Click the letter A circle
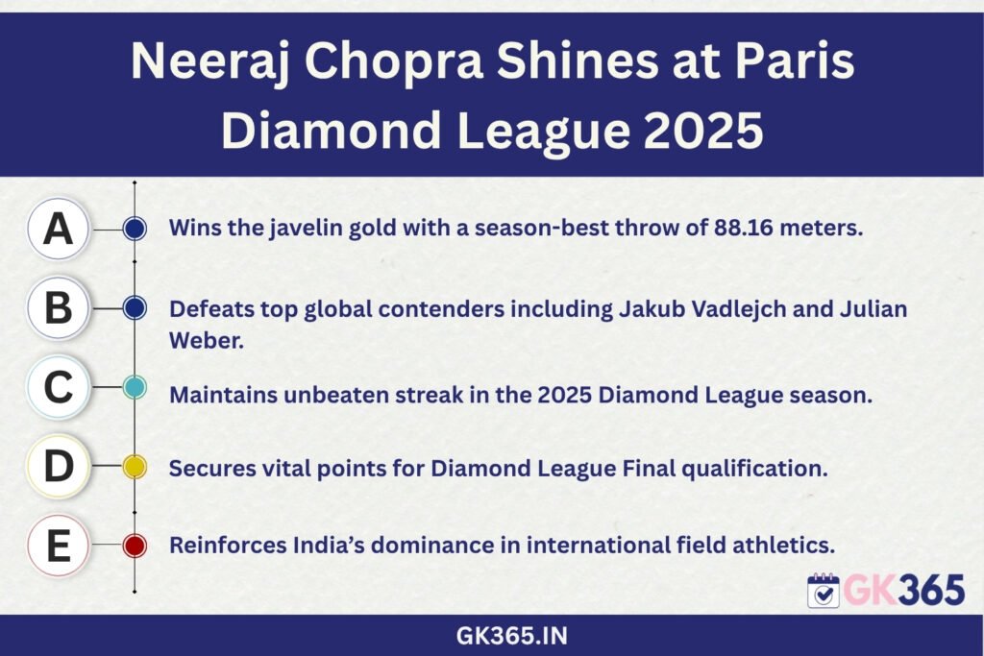58,229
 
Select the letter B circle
58,308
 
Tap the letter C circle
58,387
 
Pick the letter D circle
58,467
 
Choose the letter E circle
58,546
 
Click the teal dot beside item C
135,388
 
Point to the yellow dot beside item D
135,467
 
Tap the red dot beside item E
135,546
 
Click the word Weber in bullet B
206,341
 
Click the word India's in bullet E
329,545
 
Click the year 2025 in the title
703,131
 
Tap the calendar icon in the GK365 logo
824,590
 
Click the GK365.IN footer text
511,636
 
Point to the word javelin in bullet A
307,228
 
